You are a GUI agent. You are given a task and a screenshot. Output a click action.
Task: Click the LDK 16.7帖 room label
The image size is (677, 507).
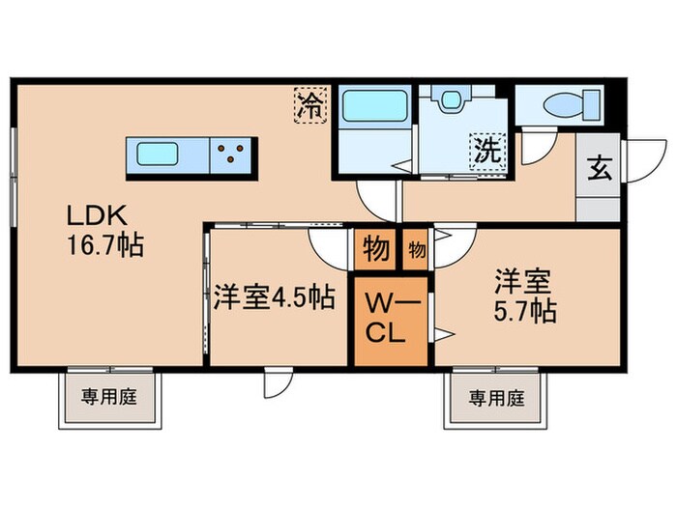click(104, 231)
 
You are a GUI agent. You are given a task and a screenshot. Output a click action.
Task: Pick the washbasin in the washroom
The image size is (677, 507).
click(452, 103)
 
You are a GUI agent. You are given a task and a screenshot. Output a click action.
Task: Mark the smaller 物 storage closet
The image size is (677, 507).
click(416, 250)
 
